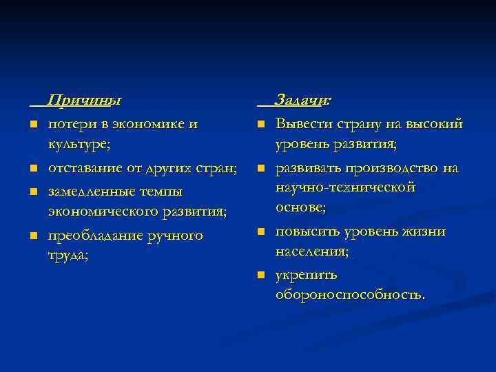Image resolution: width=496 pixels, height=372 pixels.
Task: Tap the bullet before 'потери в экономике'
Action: pos(33,125)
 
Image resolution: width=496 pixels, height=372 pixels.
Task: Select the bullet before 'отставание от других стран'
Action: pos(33,168)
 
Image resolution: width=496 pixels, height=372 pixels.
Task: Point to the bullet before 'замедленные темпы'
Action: pos(33,191)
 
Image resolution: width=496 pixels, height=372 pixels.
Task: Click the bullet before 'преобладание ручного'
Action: pos(33,236)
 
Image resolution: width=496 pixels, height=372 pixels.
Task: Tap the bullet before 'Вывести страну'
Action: pos(262,125)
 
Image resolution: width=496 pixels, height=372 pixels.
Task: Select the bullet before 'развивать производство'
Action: pos(262,168)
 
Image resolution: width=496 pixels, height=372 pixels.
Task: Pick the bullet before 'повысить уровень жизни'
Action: pos(262,232)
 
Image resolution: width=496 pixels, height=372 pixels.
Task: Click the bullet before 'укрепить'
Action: pos(262,276)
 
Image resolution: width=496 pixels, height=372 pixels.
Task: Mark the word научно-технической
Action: pos(344,187)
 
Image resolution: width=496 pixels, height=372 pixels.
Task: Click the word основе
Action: pos(300,207)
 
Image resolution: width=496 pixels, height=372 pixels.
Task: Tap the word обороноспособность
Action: pos(350,295)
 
